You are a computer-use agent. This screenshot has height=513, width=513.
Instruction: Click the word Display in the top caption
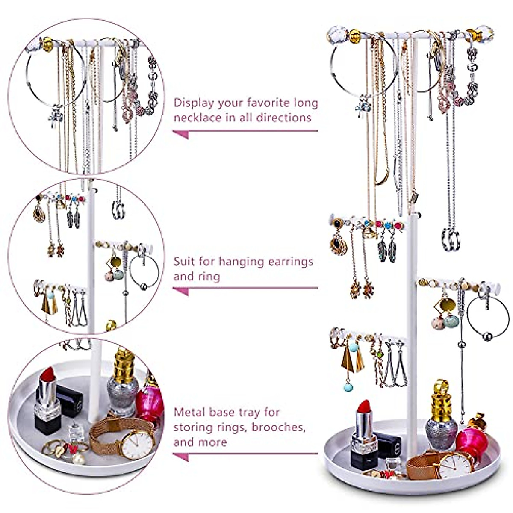pos(195,103)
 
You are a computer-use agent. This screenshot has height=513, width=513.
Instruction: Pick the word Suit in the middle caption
pos(185,261)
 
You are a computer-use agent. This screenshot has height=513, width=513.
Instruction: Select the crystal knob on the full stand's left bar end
pos(339,34)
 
